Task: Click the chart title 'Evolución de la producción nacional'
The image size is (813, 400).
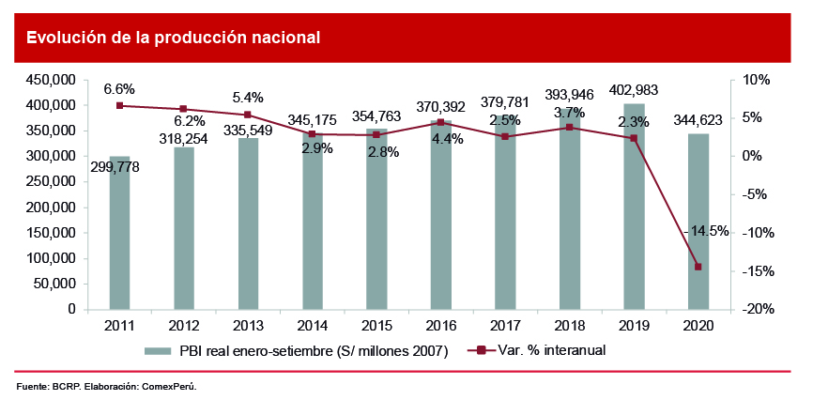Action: click(x=174, y=38)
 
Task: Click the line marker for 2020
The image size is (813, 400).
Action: click(x=698, y=267)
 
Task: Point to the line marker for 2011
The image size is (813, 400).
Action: click(x=119, y=105)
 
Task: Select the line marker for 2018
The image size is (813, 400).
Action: click(x=570, y=128)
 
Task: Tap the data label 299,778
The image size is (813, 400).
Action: click(x=119, y=167)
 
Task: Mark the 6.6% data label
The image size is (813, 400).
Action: click(x=119, y=89)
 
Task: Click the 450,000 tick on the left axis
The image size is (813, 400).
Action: click(x=51, y=80)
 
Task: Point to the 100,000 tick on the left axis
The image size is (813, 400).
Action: click(x=51, y=258)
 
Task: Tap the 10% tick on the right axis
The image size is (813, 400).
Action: click(x=756, y=80)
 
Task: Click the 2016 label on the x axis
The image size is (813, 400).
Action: click(x=441, y=325)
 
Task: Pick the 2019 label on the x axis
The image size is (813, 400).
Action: click(x=634, y=325)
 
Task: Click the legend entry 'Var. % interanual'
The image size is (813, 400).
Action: click(x=549, y=350)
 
